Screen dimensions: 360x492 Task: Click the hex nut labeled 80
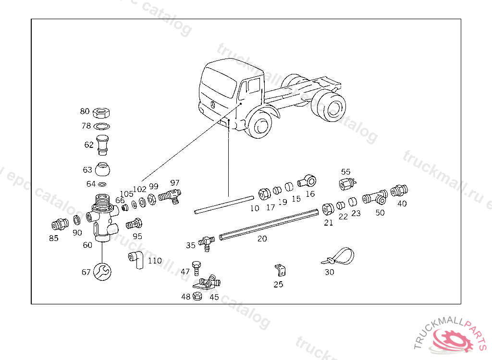102,113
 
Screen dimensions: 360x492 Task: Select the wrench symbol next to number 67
102,272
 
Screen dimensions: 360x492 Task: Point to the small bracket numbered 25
281,270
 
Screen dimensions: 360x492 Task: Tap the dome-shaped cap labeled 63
102,170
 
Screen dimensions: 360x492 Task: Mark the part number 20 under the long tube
262,239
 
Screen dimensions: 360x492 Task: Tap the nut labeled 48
197,296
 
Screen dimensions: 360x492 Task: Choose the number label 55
346,171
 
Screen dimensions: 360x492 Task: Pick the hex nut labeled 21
327,208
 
